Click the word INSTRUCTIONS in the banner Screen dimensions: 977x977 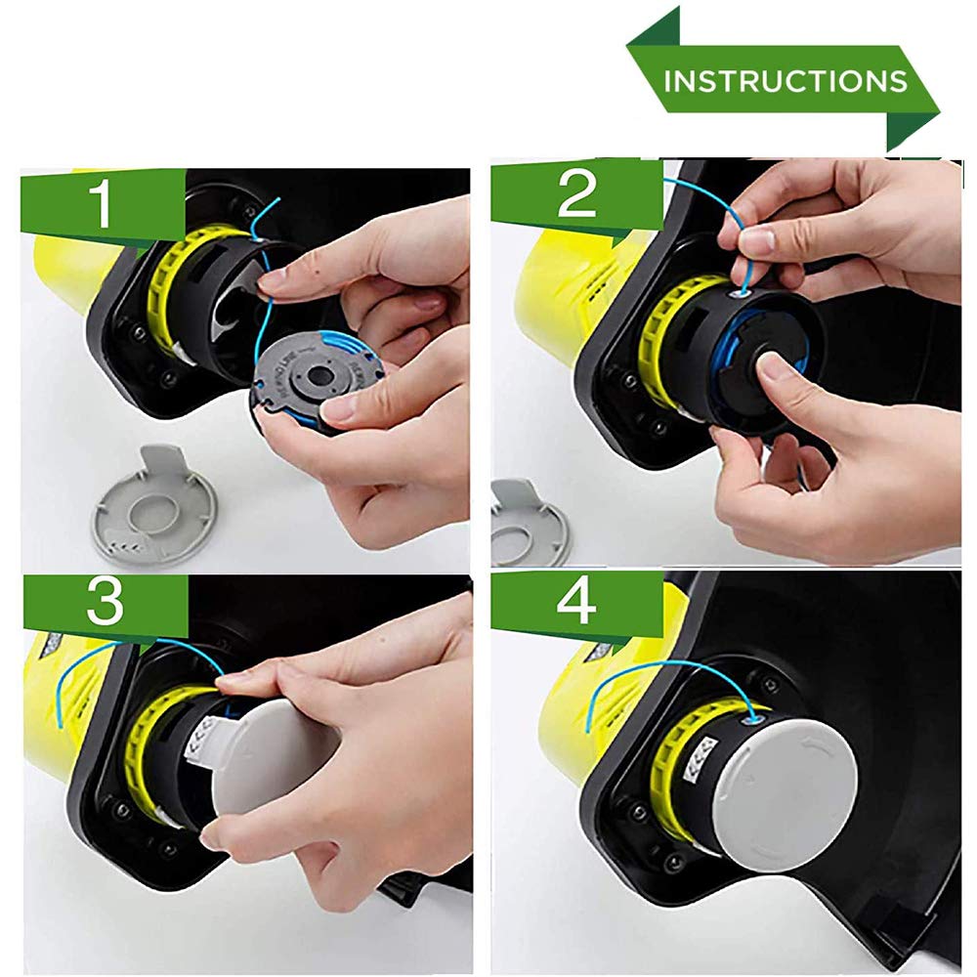pyautogui.click(x=786, y=81)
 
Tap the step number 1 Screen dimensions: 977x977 pyautogui.click(x=100, y=204)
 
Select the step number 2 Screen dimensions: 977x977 pyautogui.click(x=577, y=194)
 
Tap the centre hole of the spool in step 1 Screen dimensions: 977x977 pyautogui.click(x=319, y=376)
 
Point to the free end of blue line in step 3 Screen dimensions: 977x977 pyautogui.click(x=61, y=727)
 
